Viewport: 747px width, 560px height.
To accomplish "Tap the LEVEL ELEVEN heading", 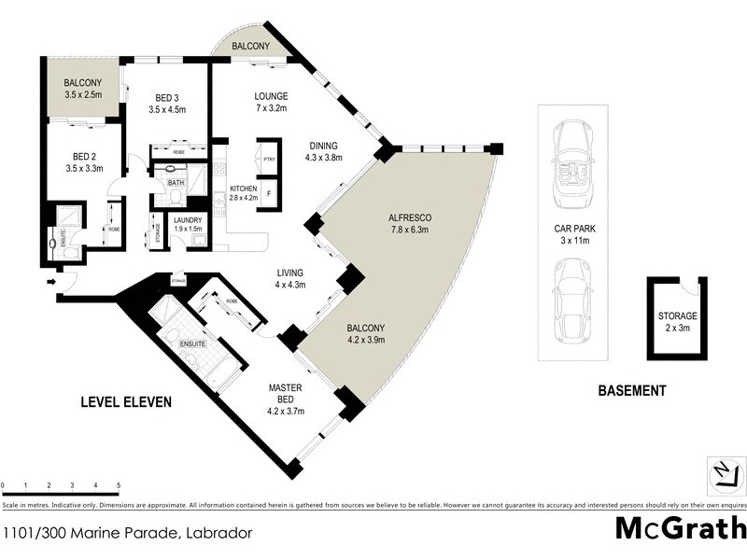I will pos(126,402).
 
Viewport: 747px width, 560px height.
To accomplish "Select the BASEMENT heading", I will pos(632,391).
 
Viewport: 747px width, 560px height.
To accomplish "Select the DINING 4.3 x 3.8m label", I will pos(324,151).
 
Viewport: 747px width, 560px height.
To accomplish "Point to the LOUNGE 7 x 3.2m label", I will pos(272,103).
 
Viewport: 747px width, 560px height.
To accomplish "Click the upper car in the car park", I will pos(571,164).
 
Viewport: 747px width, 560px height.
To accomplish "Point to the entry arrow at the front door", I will pos(50,278).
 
